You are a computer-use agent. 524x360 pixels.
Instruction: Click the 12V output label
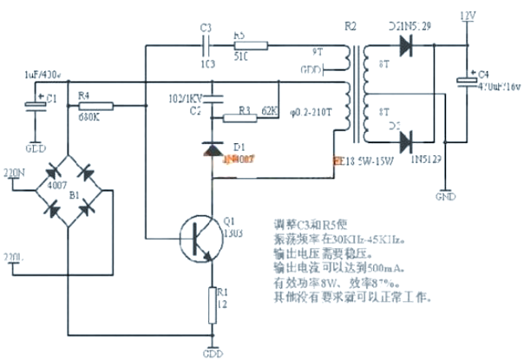(468, 16)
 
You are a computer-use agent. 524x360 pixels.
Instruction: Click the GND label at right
(445, 195)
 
